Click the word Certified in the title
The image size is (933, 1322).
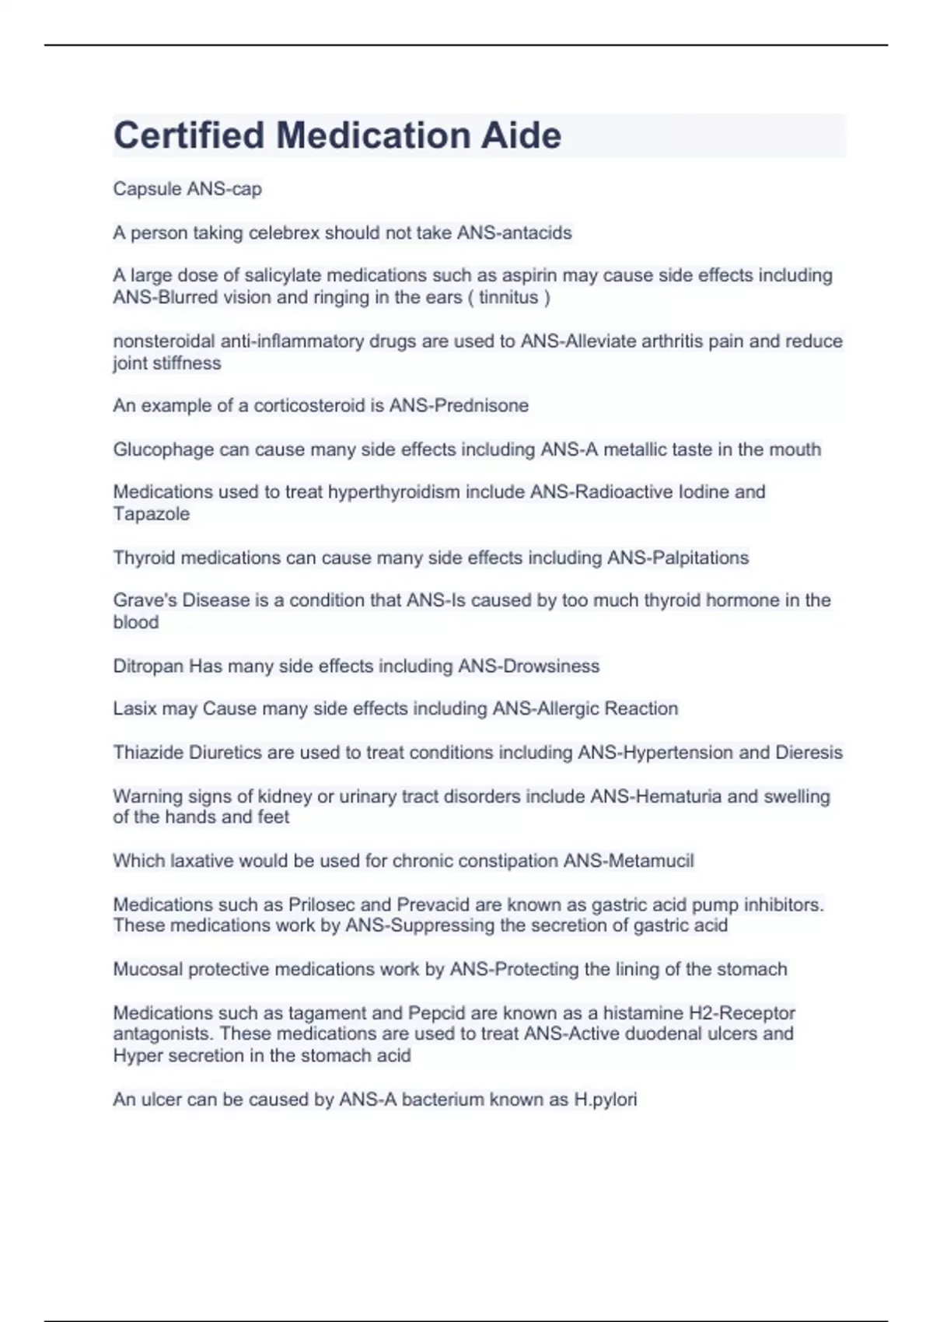click(x=189, y=135)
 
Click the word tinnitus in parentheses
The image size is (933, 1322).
click(x=508, y=297)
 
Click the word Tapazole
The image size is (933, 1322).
click(x=152, y=514)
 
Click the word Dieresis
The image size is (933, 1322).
click(x=809, y=753)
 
